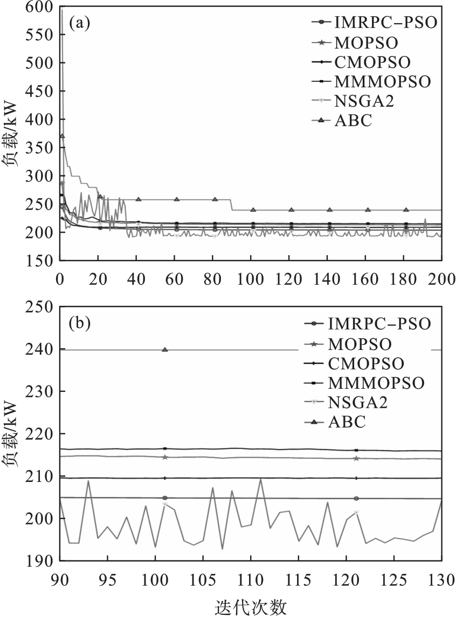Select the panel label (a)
click(79, 24)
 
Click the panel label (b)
click(79, 324)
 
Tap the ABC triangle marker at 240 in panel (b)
click(165, 350)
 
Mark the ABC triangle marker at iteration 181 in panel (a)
click(406, 209)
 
